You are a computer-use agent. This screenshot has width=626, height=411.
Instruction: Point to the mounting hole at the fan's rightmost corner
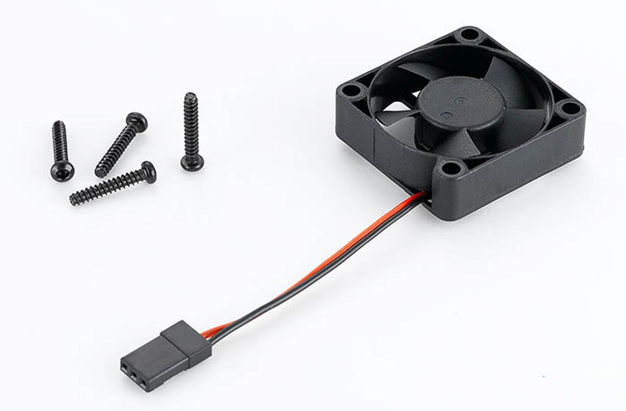pos(570,108)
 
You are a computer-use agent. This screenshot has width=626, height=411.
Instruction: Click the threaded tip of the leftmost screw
pos(58,124)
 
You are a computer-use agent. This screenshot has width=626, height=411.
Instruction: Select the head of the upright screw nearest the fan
pos(192,162)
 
